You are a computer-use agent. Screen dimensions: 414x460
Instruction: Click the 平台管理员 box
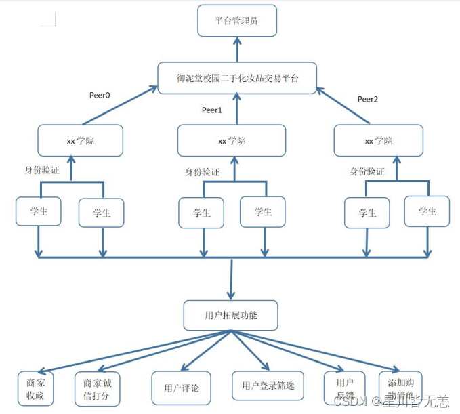[237, 20]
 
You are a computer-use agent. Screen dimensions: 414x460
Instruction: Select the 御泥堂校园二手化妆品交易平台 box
[237, 78]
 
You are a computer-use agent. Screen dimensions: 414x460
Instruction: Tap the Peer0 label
[100, 96]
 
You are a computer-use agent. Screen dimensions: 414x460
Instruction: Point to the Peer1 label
[212, 110]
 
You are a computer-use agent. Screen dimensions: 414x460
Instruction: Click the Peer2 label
[368, 99]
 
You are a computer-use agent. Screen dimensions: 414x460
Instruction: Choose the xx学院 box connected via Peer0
[81, 141]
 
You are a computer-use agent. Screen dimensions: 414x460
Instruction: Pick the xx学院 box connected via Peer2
[378, 141]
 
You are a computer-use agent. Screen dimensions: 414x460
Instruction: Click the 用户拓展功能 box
[231, 316]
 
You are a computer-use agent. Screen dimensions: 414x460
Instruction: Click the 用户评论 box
[181, 388]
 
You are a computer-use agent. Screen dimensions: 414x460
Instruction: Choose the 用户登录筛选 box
[268, 386]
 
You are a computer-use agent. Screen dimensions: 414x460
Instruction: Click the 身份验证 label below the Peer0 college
[42, 170]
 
